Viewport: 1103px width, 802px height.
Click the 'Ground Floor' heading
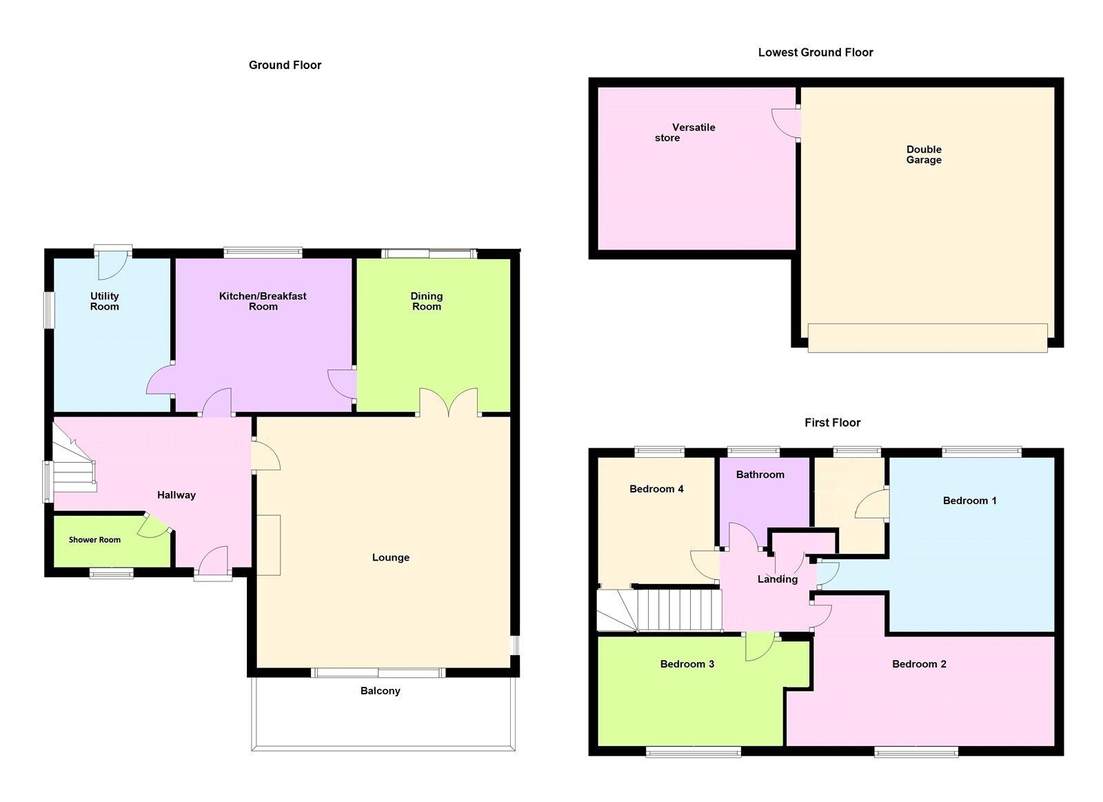tap(285, 65)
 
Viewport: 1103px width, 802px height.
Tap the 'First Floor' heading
tap(832, 422)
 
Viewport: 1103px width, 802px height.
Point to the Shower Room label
tap(94, 539)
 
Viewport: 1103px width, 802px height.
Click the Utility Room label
tap(104, 301)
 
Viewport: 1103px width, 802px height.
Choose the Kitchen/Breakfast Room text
tap(263, 301)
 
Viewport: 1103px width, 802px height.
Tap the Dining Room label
tap(427, 301)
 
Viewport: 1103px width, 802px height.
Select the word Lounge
tap(390, 557)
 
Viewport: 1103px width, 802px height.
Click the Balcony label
tap(380, 691)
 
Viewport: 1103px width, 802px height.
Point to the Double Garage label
tap(924, 154)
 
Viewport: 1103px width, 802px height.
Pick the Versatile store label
tap(685, 132)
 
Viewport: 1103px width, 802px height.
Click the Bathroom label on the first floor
tap(760, 474)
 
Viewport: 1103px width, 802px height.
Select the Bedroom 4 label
tap(656, 489)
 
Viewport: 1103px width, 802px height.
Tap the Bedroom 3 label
tap(687, 663)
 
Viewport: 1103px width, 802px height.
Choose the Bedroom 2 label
tap(919, 663)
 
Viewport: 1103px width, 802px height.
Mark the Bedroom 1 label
tap(969, 501)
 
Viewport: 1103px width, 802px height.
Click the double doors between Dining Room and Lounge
tap(449, 403)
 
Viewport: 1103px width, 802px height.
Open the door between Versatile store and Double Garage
tap(786, 123)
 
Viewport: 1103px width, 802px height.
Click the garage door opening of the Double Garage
tap(927, 338)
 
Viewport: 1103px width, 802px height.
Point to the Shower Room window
tap(111, 573)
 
